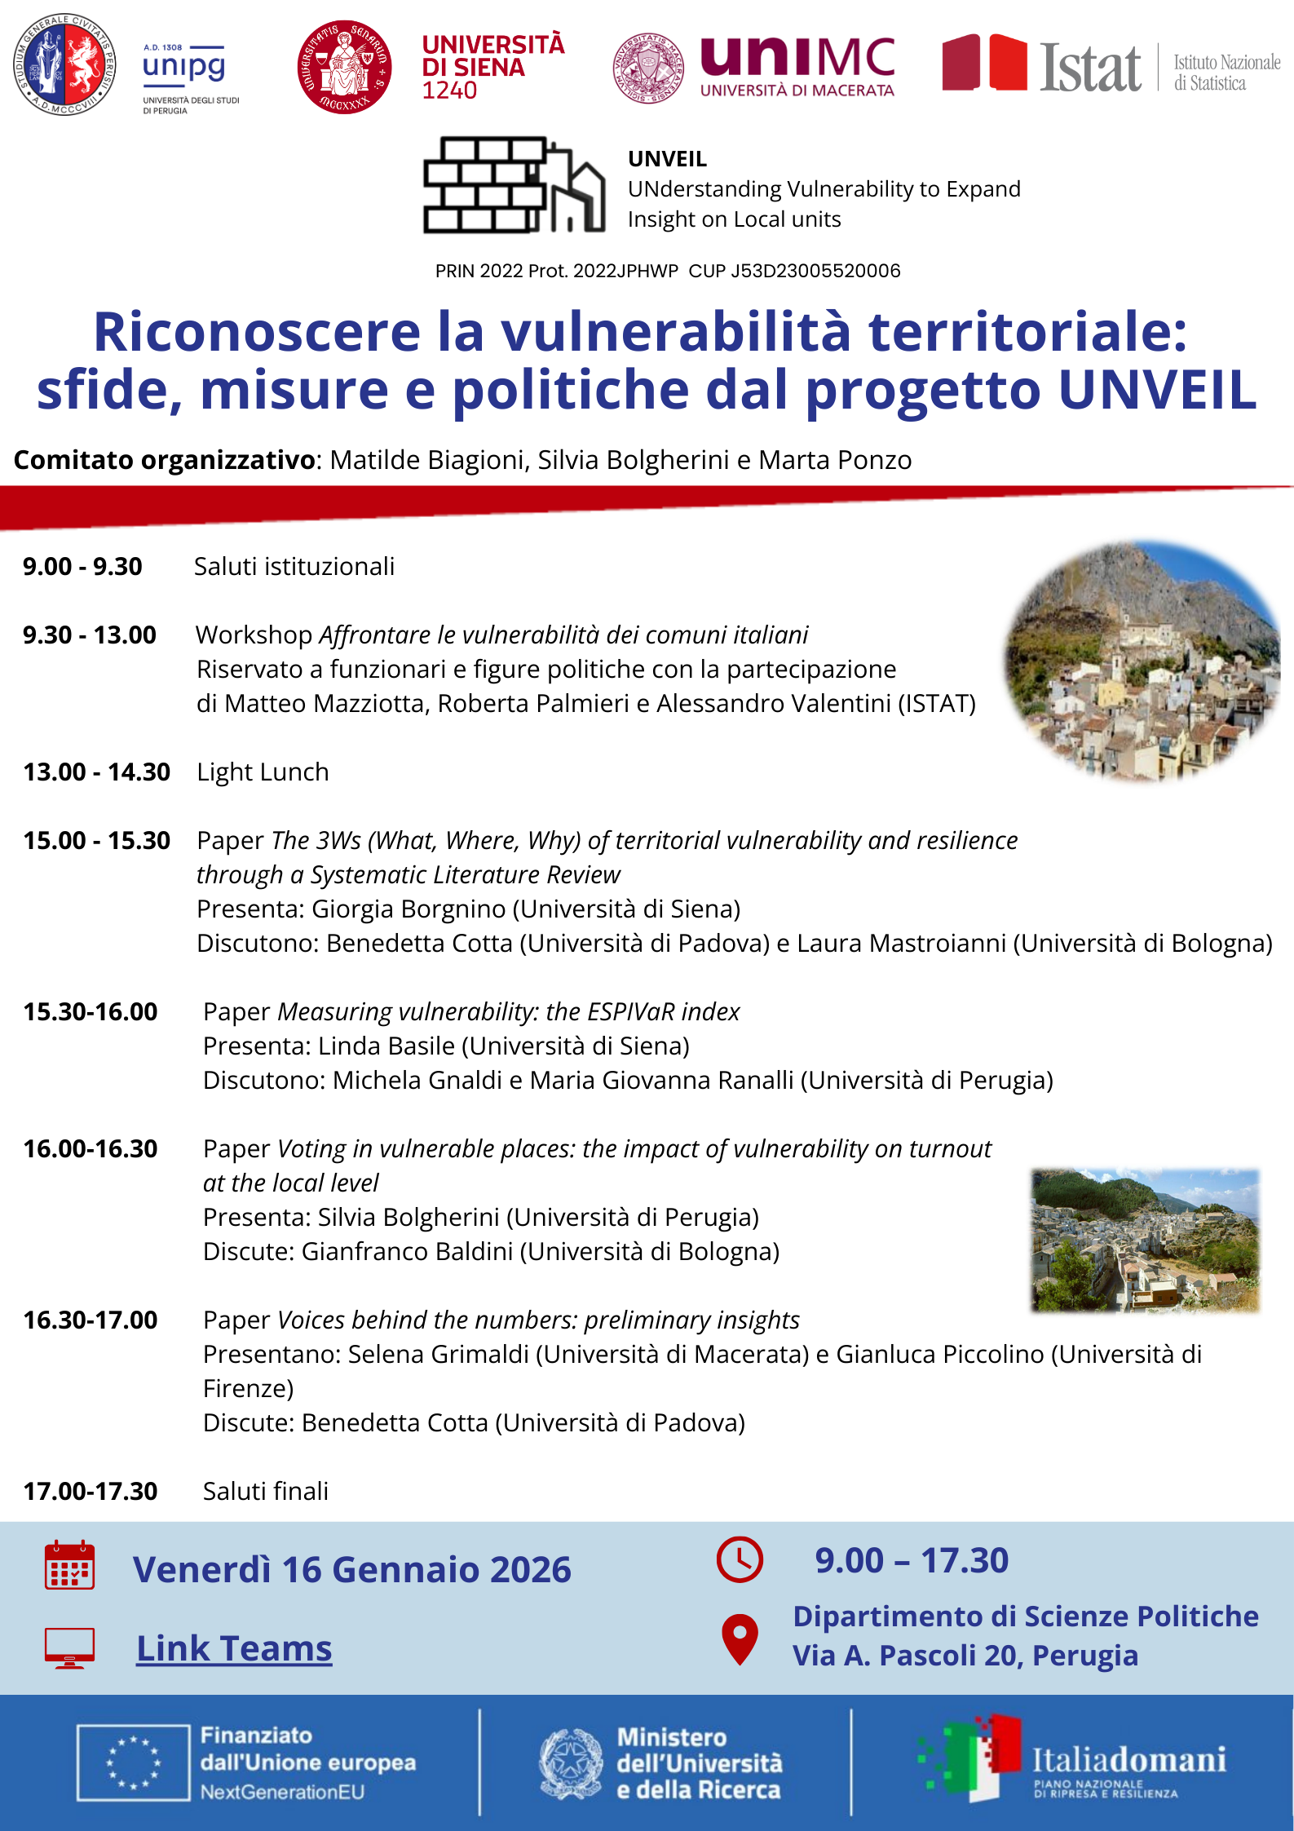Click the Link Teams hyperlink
234,1648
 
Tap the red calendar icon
69,1565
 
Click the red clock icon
740,1559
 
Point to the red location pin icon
740,1639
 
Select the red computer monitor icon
69,1648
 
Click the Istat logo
1090,66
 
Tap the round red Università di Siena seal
344,67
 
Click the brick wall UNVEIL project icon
514,185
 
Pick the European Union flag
134,1762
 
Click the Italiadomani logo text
1129,1759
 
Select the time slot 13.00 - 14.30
96,772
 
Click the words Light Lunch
263,772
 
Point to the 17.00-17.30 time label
91,1491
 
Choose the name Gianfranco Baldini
407,1251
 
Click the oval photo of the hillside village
1142,661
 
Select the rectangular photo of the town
1145,1240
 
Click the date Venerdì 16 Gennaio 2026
352,1569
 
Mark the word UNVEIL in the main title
1157,389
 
